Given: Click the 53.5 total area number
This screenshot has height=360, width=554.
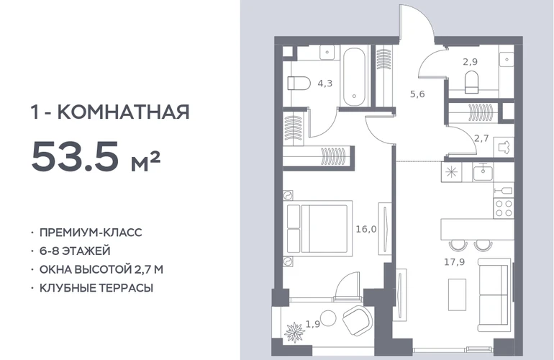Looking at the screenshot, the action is (75, 156).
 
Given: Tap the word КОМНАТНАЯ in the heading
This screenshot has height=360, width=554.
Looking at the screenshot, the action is (123, 112).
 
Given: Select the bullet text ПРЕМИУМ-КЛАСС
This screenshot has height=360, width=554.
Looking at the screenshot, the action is (91, 233).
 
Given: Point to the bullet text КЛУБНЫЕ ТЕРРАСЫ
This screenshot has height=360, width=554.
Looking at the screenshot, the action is (96, 288).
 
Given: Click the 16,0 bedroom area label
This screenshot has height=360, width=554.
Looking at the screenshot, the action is (366, 229).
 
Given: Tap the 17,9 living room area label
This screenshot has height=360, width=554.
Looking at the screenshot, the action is (455, 262).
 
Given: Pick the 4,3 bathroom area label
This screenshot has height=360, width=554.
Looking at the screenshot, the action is (324, 84).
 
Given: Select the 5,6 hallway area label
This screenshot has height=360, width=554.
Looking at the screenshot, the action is (417, 94).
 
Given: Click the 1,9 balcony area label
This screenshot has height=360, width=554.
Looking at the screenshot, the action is (313, 324).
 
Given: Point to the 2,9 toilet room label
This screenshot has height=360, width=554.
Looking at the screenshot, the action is (471, 62).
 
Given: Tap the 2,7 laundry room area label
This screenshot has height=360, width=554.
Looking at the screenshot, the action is (481, 138).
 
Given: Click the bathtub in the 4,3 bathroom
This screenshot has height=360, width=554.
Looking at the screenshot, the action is (354, 77).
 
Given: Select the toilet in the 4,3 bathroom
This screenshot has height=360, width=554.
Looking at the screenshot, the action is (299, 84).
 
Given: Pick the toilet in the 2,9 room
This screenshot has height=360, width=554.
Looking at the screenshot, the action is (471, 81).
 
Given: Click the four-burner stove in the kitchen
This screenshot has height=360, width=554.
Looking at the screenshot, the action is (504, 208).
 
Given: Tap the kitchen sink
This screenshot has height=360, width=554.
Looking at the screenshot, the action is (483, 172).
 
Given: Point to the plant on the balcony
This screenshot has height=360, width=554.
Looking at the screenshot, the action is (295, 332).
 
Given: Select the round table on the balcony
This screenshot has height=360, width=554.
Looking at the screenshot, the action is (328, 319).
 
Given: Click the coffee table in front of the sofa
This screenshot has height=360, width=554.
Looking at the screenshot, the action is (457, 294).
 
